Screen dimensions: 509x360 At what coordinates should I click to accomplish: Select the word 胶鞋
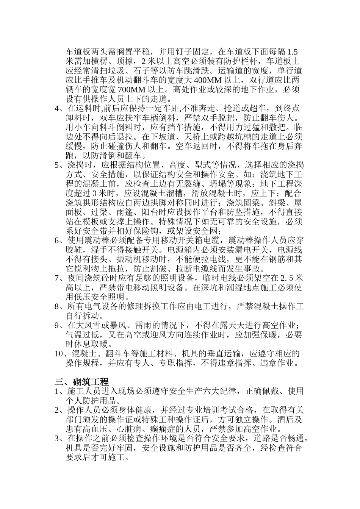(74, 250)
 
